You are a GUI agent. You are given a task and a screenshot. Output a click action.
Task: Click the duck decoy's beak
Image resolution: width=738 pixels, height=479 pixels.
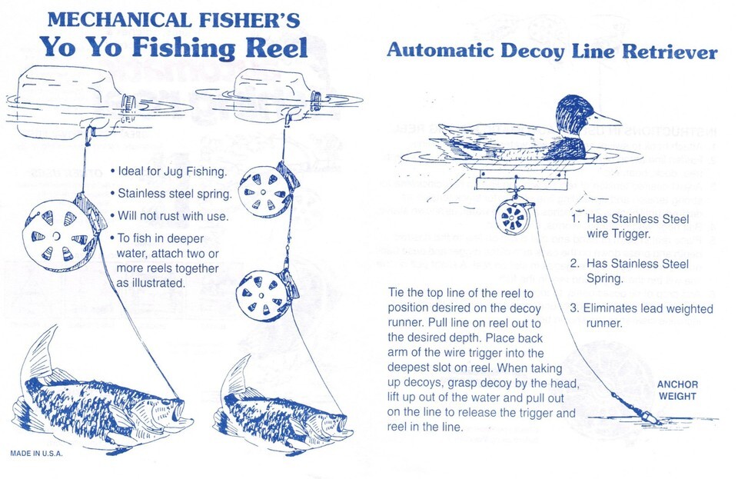pos(607,119)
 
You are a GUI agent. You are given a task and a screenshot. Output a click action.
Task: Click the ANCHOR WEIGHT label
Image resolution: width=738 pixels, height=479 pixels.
pos(677,391)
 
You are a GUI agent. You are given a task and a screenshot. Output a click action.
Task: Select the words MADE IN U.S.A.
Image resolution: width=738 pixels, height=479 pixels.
pos(36,453)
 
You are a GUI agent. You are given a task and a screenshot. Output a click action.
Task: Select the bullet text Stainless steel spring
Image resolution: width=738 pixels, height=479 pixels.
pos(171,194)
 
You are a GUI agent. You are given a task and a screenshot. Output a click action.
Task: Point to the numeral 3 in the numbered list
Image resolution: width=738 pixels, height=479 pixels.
pos(573,309)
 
